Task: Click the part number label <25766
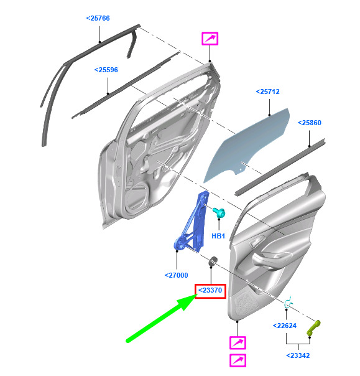(x=98, y=18)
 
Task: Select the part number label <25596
(x=106, y=70)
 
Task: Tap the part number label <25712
(x=268, y=92)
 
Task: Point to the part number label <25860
(x=310, y=123)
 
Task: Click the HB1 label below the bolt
(x=218, y=236)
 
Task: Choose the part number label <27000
(x=177, y=275)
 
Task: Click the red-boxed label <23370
(x=210, y=290)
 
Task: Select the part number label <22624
(x=285, y=326)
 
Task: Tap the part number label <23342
(x=298, y=355)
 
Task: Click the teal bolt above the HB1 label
(x=219, y=212)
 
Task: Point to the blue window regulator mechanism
(x=192, y=223)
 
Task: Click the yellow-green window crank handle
(x=313, y=329)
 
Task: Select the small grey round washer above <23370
(x=213, y=261)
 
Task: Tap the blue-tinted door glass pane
(x=247, y=144)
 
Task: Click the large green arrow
(x=162, y=318)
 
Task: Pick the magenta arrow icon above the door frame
(x=210, y=39)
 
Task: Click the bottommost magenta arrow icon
(x=238, y=360)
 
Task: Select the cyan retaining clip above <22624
(x=288, y=303)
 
